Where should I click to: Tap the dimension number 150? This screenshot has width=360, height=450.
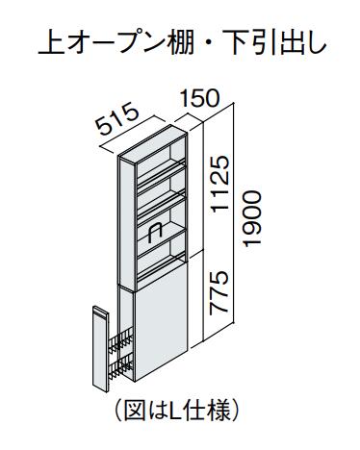click(199, 98)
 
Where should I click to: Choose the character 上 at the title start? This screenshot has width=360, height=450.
click(49, 42)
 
